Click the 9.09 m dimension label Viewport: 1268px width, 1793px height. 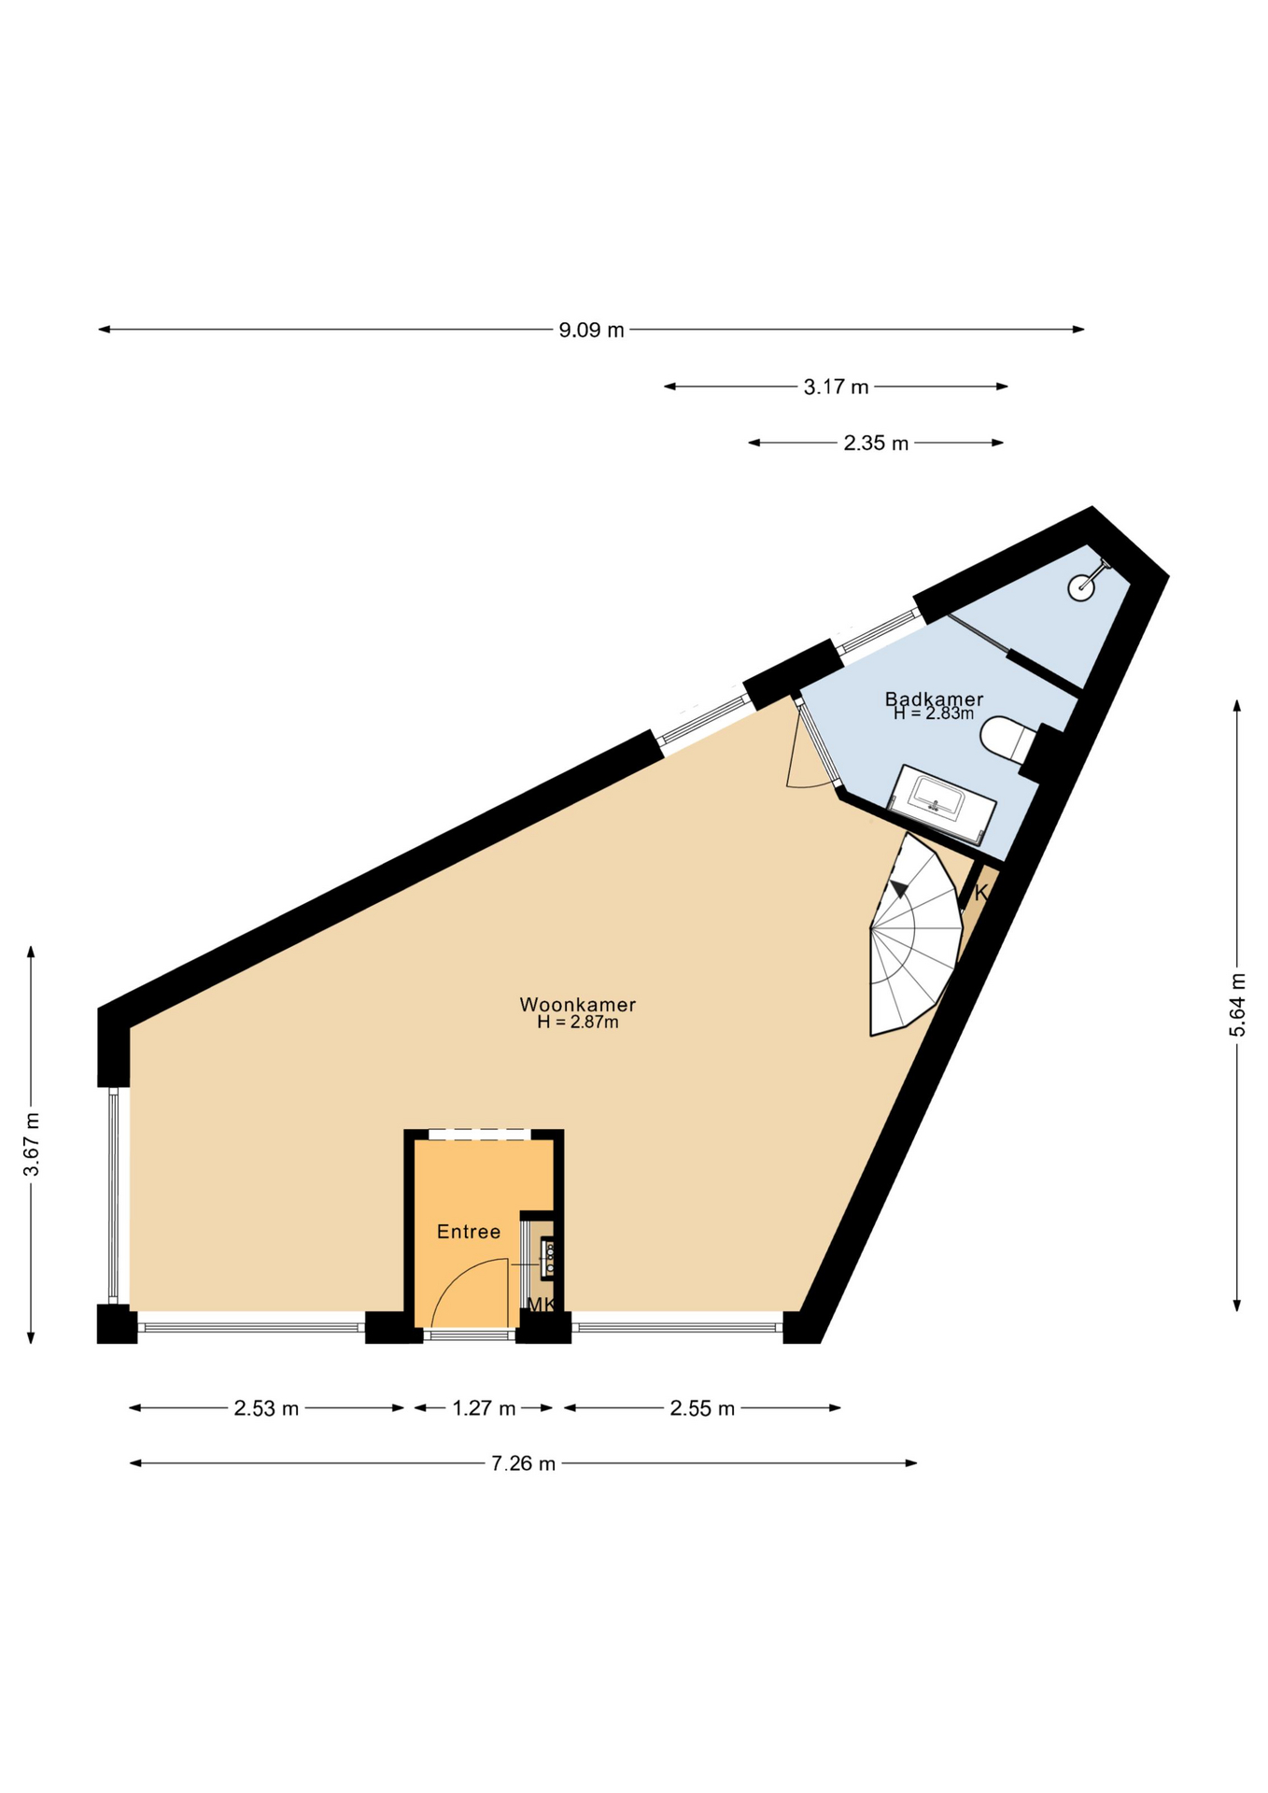[x=591, y=330]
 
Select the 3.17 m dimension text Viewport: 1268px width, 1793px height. [x=836, y=387]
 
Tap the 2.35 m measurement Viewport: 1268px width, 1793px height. [x=876, y=444]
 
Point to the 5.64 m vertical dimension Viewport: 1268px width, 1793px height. [x=1237, y=1004]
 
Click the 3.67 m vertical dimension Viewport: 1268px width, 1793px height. [x=31, y=1145]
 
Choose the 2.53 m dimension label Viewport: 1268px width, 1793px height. [x=266, y=1408]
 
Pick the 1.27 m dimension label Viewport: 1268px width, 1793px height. [x=484, y=1408]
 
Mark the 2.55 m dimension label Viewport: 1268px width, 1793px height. [x=702, y=1408]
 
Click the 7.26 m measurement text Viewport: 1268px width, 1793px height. [x=523, y=1463]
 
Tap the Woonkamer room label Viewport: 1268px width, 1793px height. [x=578, y=1005]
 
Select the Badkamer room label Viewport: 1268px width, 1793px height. [x=934, y=699]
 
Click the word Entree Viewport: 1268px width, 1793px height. [x=469, y=1232]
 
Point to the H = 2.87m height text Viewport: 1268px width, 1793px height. [x=578, y=1023]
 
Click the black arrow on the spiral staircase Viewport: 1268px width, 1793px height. [x=898, y=889]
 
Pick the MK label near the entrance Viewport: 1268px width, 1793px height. [x=541, y=1305]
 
